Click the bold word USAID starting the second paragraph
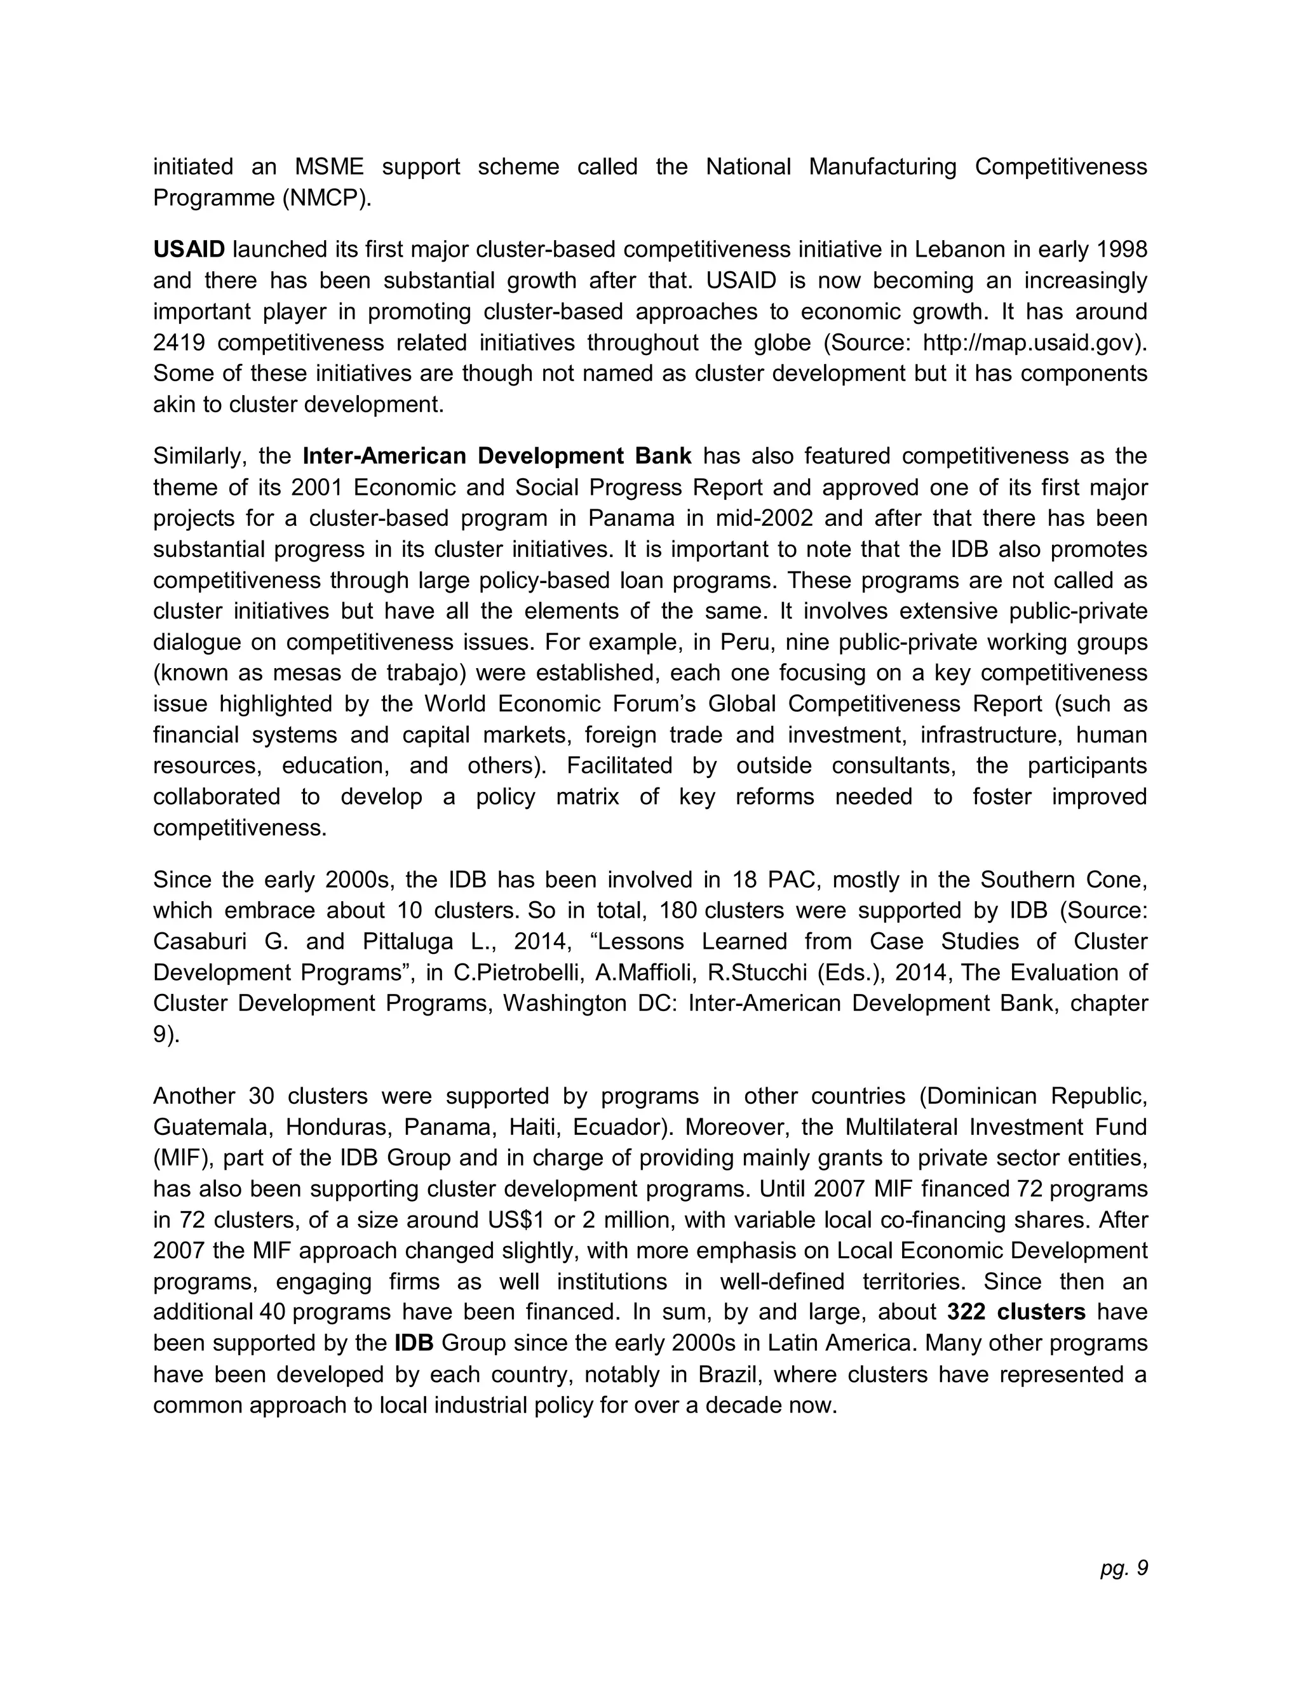click(x=189, y=250)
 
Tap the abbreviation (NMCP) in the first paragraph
click(x=326, y=198)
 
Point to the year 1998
click(x=1121, y=250)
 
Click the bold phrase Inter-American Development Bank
click(x=497, y=456)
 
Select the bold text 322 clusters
click(x=1016, y=1312)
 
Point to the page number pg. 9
click(x=1124, y=1567)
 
